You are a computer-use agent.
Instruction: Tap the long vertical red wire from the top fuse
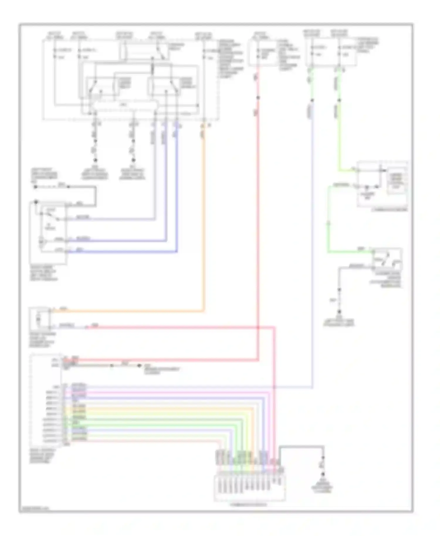(x=258, y=235)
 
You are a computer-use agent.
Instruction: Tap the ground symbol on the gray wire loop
(x=323, y=474)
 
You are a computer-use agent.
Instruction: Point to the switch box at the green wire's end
(x=387, y=260)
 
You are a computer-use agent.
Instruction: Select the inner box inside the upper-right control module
(x=397, y=181)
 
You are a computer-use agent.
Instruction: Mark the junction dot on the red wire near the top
(x=258, y=98)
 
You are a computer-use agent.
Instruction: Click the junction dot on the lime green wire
(x=339, y=100)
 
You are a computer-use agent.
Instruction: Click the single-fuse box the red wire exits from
(x=263, y=53)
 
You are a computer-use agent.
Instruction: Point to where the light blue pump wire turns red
(x=87, y=327)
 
